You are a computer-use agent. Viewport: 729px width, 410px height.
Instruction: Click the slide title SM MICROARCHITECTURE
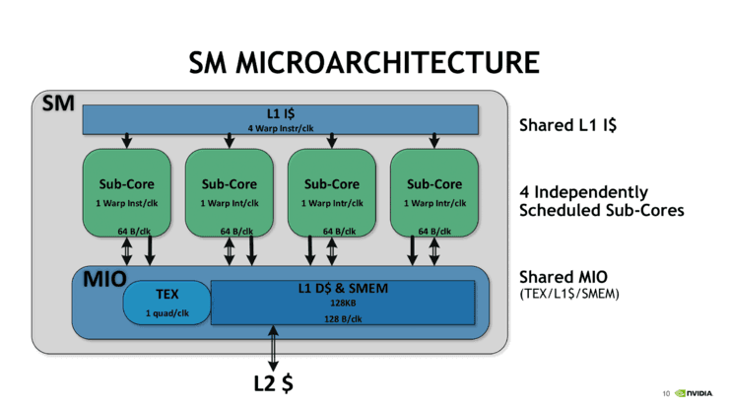364,63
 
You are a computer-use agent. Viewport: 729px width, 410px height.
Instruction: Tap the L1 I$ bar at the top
281,119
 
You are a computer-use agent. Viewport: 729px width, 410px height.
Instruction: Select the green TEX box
166,303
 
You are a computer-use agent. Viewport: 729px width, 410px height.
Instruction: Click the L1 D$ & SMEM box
343,302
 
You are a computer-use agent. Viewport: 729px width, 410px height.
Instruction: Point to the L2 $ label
273,383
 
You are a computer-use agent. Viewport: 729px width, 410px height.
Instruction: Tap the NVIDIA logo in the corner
695,393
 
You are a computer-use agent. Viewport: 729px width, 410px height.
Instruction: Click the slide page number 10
666,394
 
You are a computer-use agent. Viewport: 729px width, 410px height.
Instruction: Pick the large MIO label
104,279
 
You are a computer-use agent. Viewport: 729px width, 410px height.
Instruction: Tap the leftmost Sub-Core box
126,192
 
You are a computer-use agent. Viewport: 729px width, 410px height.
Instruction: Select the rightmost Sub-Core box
433,192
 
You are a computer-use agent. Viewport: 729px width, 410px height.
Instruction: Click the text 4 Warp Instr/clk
281,128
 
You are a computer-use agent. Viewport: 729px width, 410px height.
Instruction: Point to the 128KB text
343,305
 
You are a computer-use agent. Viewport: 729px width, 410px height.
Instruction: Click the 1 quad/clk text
166,314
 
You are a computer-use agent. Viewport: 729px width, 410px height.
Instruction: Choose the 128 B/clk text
343,318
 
